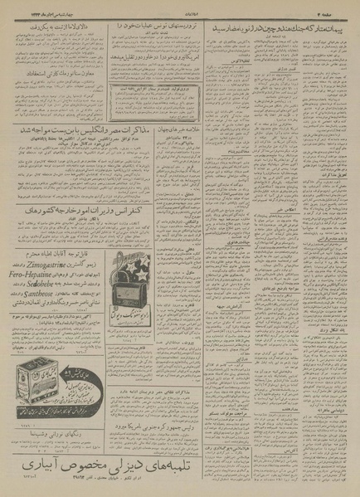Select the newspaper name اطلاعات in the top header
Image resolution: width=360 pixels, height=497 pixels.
coord(181,7)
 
